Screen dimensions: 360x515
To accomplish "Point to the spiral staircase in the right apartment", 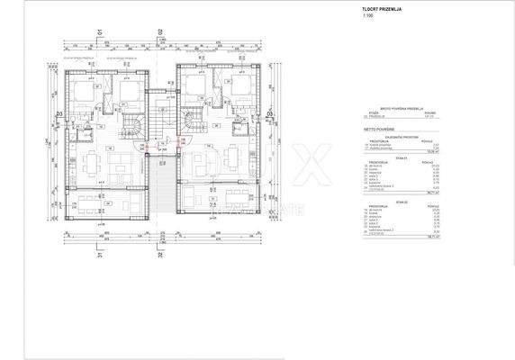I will pyautogui.click(x=192, y=121).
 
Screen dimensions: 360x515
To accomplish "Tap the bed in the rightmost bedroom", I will pyautogui.click(x=240, y=88).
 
